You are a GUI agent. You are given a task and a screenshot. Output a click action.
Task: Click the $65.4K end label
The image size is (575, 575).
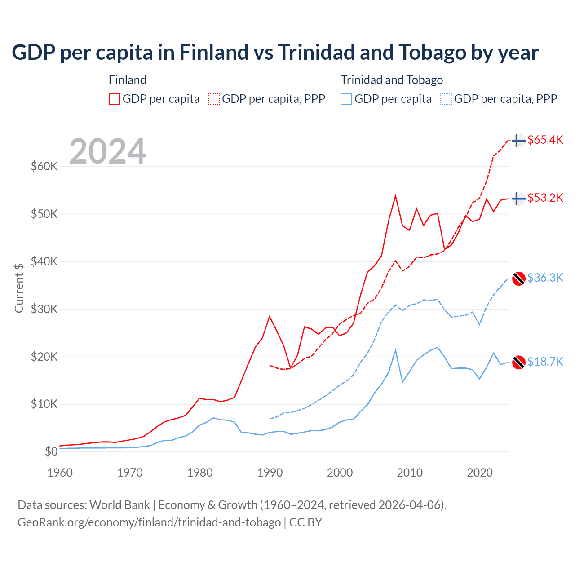pos(545,140)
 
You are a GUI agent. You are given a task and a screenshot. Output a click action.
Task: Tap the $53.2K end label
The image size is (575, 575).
pos(545,198)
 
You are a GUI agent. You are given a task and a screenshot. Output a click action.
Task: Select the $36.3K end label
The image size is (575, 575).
pos(545,278)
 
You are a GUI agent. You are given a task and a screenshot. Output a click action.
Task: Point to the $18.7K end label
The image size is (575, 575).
pos(545,362)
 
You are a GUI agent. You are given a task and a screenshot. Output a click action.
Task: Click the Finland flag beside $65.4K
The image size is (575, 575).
pos(519,140)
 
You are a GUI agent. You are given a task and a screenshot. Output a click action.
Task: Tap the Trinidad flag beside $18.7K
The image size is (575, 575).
pos(519,362)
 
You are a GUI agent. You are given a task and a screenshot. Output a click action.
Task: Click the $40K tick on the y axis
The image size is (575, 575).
pos(44,261)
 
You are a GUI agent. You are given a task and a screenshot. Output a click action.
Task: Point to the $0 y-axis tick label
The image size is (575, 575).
pos(51,451)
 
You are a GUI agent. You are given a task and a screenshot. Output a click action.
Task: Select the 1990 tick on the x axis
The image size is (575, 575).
pos(270,473)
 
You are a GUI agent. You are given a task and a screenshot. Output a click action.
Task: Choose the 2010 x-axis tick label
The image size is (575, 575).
pos(410,473)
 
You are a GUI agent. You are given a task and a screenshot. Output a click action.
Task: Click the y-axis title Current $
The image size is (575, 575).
pos(19,288)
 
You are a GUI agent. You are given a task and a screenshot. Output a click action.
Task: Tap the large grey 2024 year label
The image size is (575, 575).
pos(107,151)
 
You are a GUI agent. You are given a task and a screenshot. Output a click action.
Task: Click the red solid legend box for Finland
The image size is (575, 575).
pos(115,99)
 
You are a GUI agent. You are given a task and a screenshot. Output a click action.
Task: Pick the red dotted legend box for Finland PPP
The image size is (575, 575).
pos(214,99)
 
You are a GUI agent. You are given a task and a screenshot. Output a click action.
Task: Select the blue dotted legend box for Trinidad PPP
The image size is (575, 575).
pos(446,99)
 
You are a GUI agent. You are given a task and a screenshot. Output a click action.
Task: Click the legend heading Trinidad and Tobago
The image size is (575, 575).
pos(392,80)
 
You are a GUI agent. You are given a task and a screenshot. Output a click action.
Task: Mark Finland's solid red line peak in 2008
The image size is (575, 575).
pos(395,196)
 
